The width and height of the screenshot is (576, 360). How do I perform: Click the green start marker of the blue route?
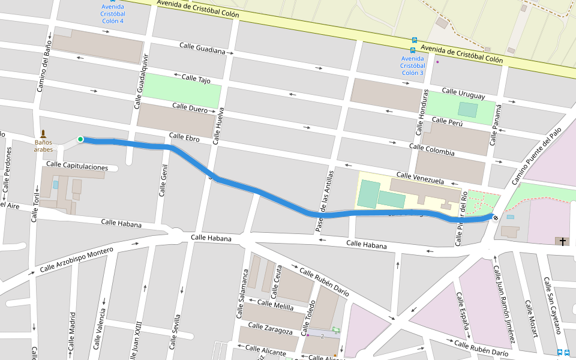point(80,139)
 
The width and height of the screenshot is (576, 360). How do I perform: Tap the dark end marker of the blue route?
point(494,217)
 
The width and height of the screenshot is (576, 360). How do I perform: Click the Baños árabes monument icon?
point(43,133)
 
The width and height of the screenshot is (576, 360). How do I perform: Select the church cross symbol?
point(562,241)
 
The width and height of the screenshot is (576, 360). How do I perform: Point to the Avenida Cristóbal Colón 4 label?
point(113,14)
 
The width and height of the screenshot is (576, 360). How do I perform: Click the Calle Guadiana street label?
point(202,49)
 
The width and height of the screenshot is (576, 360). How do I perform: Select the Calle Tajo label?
point(196,79)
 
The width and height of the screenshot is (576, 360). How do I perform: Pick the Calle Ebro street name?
point(184,137)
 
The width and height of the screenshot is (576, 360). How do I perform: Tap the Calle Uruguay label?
point(463,94)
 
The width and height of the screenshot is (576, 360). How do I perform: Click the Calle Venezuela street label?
point(420,178)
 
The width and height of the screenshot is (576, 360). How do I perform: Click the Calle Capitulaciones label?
point(77,166)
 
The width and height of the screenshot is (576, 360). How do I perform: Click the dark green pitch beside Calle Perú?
point(468,110)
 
